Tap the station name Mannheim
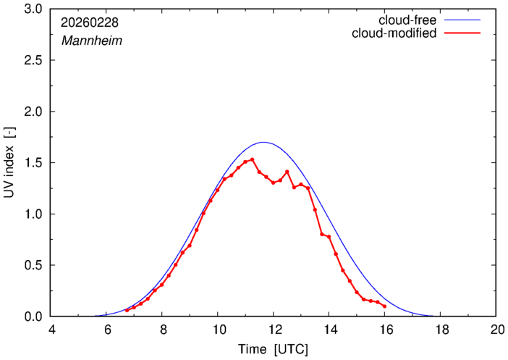(x=91, y=41)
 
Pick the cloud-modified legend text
(x=394, y=33)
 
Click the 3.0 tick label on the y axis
(x=33, y=9)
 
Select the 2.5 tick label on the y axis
(x=33, y=61)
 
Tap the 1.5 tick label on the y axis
(x=33, y=163)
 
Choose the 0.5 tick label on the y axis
(x=33, y=266)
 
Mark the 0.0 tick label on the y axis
(x=33, y=317)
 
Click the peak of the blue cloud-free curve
(x=263, y=142)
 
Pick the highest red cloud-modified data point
(x=252, y=159)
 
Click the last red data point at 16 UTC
(x=384, y=306)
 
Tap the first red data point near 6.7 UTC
(x=127, y=310)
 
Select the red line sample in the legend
(x=466, y=33)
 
